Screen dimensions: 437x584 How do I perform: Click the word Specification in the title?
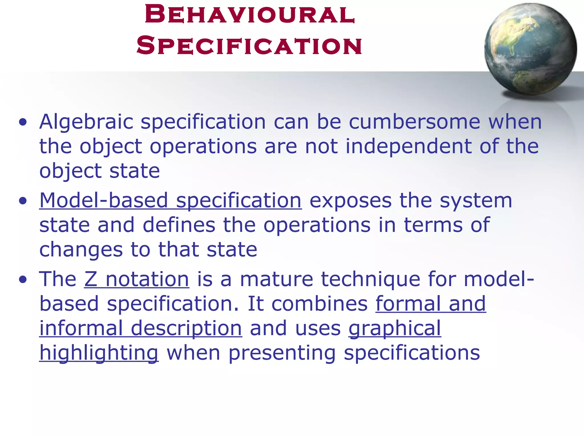(249, 46)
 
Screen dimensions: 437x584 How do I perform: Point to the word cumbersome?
(415, 122)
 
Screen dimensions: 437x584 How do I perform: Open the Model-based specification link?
(170, 200)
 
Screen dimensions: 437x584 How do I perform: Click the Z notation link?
(137, 279)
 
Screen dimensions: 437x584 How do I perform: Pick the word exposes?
(350, 200)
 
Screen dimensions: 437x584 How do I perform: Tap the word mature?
(276, 279)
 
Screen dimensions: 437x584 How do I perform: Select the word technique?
(370, 279)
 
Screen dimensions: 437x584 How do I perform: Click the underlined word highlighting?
(99, 353)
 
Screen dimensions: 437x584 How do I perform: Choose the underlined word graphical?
(395, 329)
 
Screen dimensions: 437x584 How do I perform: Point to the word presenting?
(282, 353)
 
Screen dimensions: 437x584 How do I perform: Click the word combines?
(319, 304)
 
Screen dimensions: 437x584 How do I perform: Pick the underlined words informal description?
(141, 329)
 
